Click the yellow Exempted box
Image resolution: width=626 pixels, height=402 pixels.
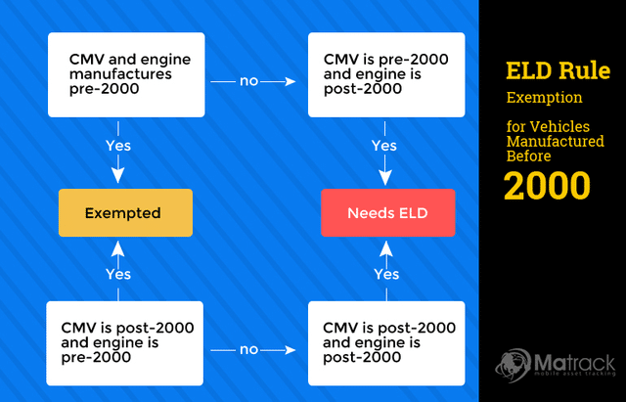point(125,213)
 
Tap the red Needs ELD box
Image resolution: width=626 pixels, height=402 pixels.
point(387,213)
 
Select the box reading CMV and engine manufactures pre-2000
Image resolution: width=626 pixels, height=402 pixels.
point(126,74)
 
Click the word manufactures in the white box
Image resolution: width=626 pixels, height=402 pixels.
point(120,74)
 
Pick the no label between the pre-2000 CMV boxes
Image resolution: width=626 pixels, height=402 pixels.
point(248,81)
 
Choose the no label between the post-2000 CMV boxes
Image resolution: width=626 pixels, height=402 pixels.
point(248,350)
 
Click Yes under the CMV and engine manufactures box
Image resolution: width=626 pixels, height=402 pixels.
point(118,146)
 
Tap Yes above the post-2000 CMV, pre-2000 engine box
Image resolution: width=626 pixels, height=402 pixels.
point(118,274)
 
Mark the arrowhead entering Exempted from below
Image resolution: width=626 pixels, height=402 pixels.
point(117,248)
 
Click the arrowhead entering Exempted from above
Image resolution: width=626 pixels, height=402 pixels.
point(117,176)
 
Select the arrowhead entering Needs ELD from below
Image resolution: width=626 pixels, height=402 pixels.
point(386,248)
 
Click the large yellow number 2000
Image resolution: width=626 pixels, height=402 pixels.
point(547,186)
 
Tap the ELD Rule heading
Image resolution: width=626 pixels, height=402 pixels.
point(559,70)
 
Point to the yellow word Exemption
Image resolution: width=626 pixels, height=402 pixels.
point(544,98)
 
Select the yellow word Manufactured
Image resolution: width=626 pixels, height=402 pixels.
point(556,141)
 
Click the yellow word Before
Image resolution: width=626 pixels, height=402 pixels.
point(529,156)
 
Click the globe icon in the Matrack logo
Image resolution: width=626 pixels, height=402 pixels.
point(513,365)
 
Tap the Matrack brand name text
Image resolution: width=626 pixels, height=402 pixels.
point(574,363)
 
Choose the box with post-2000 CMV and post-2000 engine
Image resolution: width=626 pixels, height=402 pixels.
point(386,343)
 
